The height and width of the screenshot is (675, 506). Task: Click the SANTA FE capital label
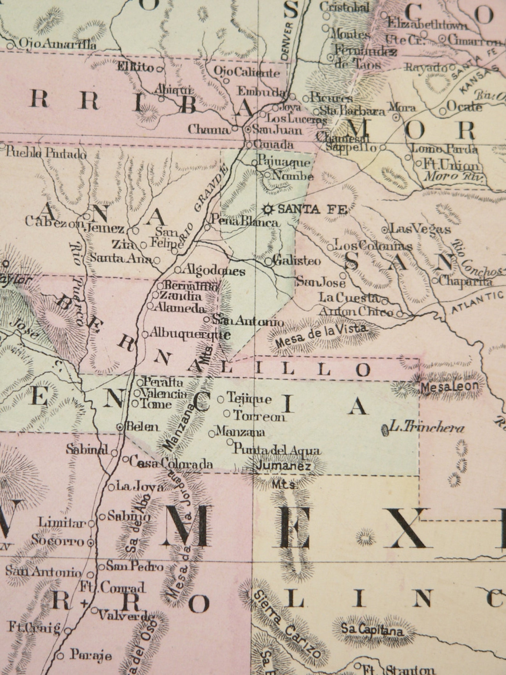tap(312, 209)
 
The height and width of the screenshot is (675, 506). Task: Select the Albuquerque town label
tap(190, 334)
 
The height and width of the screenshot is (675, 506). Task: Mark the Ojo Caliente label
tap(247, 72)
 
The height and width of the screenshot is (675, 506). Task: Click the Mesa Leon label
tap(450, 386)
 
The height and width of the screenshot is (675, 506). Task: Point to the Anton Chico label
tap(356, 312)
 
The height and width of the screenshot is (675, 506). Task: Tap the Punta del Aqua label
tap(276, 450)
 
